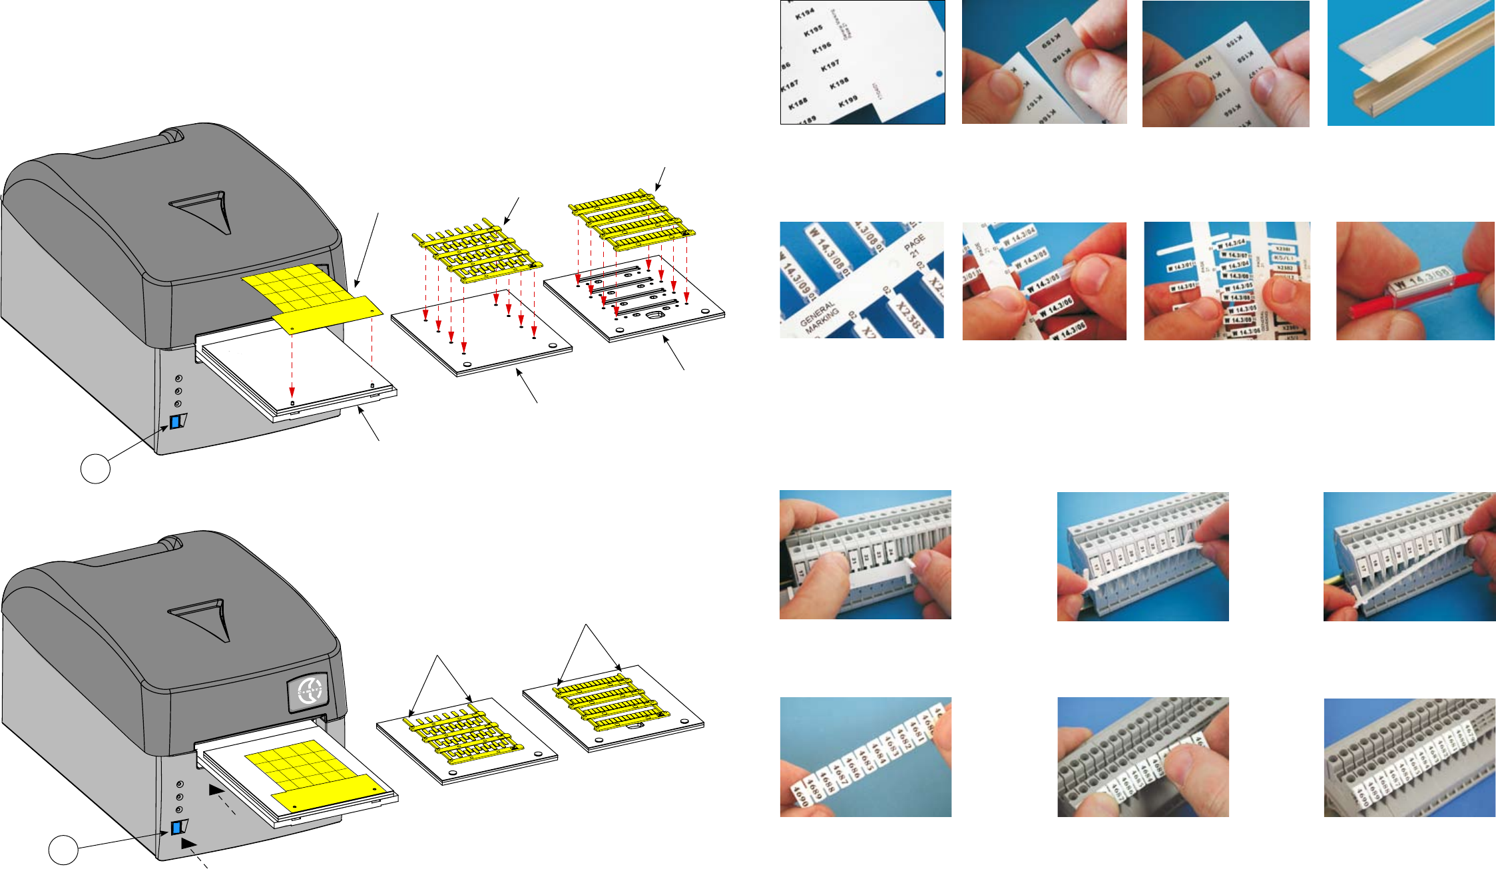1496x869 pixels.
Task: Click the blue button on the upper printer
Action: tap(176, 422)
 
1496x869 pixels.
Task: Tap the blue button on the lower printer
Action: tap(176, 828)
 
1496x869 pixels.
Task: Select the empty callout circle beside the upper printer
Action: tap(95, 469)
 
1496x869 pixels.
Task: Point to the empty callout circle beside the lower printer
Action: tap(63, 850)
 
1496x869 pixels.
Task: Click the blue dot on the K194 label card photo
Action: tap(939, 73)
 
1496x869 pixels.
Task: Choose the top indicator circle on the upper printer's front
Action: tap(178, 378)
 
